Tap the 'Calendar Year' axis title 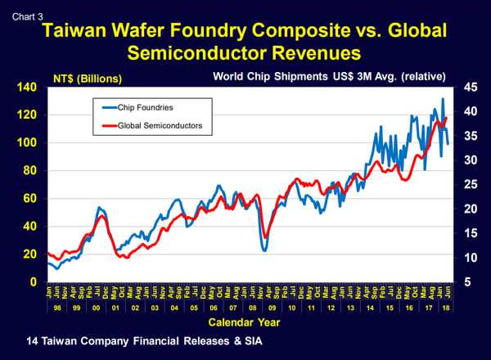[245, 322]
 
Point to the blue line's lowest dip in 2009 [264, 250]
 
